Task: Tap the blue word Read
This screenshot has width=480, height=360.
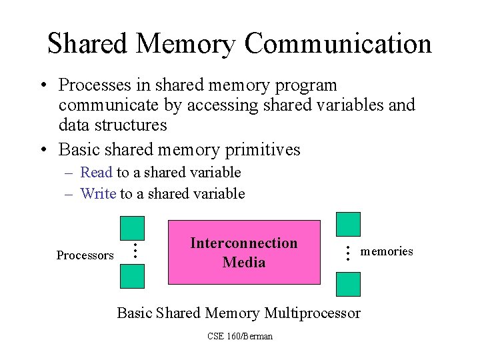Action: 96,172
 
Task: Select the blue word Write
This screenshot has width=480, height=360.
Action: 97,193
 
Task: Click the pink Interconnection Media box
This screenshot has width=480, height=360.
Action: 244,252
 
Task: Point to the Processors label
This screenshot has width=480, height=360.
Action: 85,255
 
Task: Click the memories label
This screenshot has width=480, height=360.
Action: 387,251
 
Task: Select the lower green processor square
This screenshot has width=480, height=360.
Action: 133,275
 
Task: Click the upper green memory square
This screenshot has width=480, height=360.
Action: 348,224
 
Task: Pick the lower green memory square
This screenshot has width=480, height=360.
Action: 348,284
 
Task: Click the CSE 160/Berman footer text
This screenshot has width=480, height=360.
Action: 240,336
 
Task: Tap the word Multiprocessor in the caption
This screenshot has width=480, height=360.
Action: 313,313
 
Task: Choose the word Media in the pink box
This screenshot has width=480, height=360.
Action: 244,262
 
